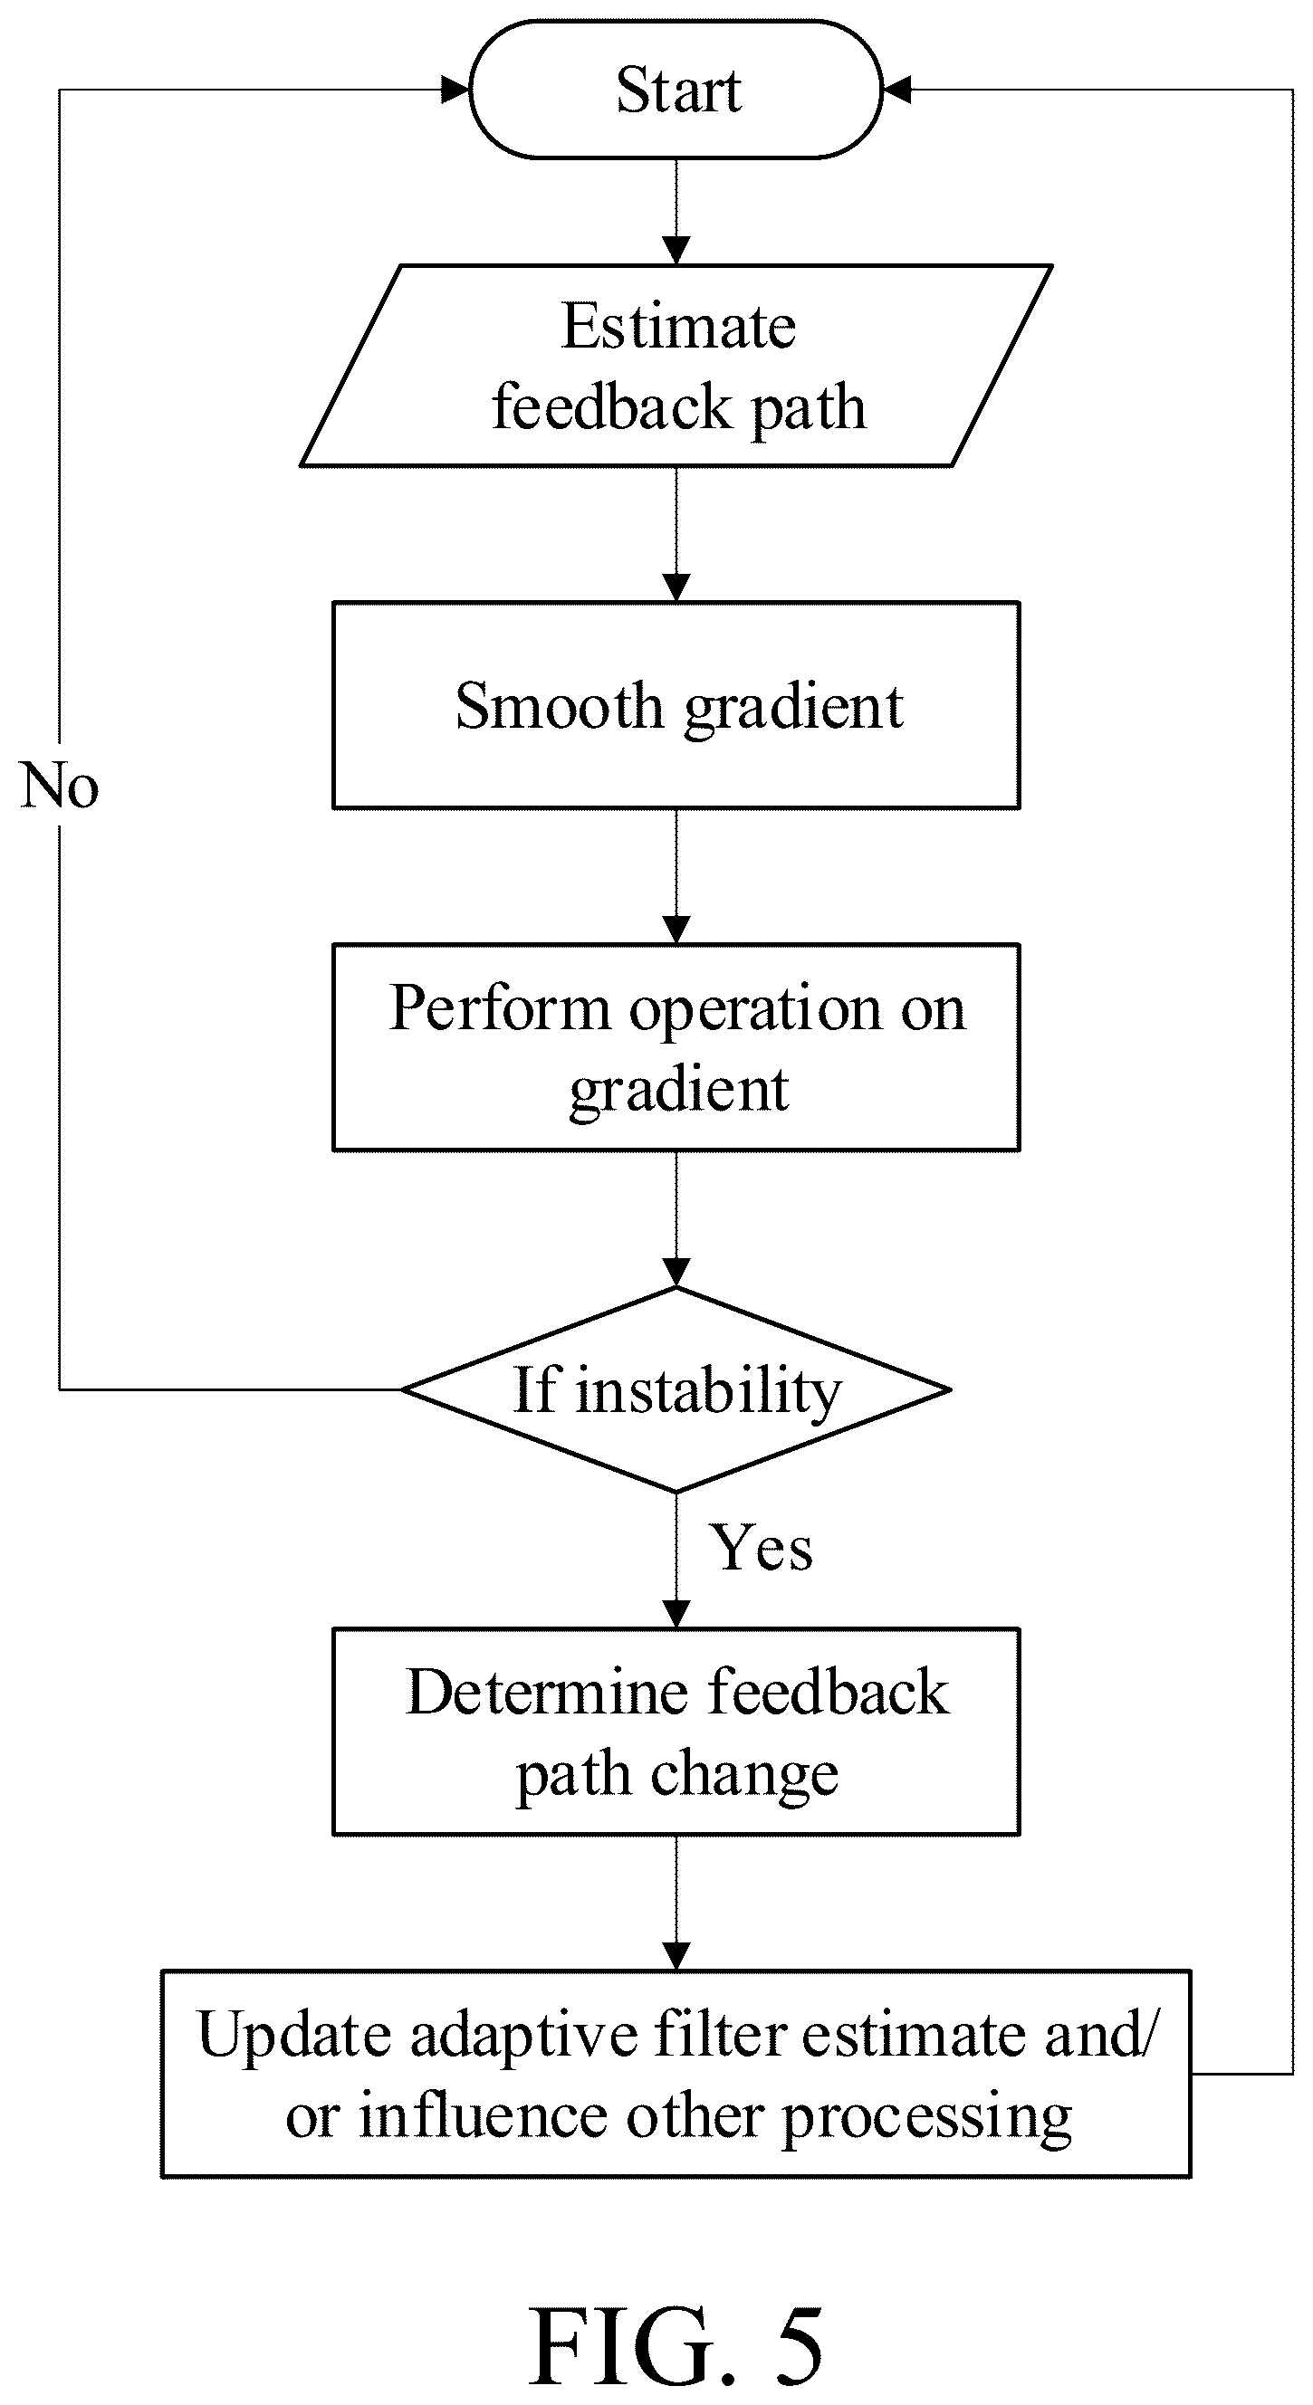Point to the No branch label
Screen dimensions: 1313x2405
click(59, 785)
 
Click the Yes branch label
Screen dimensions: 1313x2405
click(762, 1549)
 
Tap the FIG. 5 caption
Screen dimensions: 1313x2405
click(676, 2345)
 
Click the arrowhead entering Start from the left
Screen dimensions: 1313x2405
click(455, 90)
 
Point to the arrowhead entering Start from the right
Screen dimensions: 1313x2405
click(896, 90)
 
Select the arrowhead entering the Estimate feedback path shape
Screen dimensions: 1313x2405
click(676, 250)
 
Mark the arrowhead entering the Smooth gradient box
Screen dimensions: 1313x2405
click(676, 587)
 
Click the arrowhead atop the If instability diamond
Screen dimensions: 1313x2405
click(676, 1273)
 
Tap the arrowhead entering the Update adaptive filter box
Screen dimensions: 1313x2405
click(676, 1956)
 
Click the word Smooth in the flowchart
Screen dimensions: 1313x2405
click(559, 705)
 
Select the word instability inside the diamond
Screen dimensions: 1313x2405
click(709, 1392)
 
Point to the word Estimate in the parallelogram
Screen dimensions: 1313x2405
click(679, 326)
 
